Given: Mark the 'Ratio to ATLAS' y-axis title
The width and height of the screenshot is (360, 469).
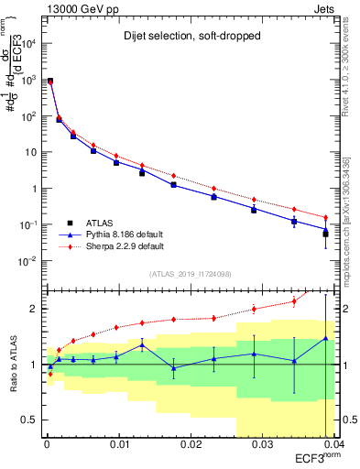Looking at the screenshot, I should tap(12, 364).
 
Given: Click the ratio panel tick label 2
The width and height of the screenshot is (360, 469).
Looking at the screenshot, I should tap(33, 309).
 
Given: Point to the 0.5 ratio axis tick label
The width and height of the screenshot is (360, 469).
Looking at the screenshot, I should tap(29, 420).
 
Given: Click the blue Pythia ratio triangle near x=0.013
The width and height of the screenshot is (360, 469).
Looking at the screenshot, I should tap(142, 344).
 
